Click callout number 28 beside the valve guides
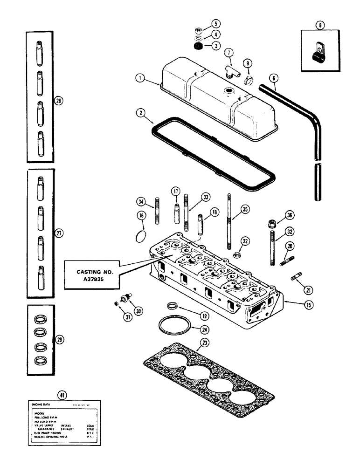(x=58, y=100)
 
